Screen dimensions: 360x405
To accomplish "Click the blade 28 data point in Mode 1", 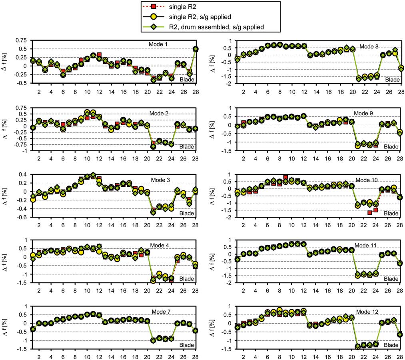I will pyautogui.click(x=196, y=49).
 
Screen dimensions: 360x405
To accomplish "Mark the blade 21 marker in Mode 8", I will pyautogui.click(x=358, y=78).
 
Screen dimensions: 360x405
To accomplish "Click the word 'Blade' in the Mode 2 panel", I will pyautogui.click(x=187, y=147).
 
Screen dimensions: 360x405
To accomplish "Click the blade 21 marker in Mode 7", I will pyautogui.click(x=153, y=340).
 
